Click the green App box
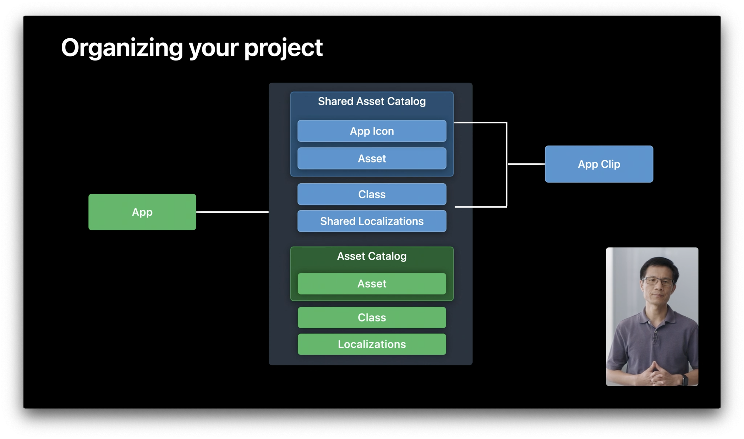click(142, 212)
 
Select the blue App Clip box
click(599, 164)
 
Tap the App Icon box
click(372, 131)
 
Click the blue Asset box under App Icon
click(372, 158)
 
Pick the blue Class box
click(372, 194)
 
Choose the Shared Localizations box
click(372, 221)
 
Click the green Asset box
click(372, 284)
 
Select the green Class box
click(372, 317)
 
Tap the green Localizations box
click(372, 344)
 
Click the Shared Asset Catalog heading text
click(372, 101)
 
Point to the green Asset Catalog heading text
click(372, 256)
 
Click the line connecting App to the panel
click(232, 212)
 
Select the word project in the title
click(283, 48)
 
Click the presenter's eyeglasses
click(658, 281)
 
